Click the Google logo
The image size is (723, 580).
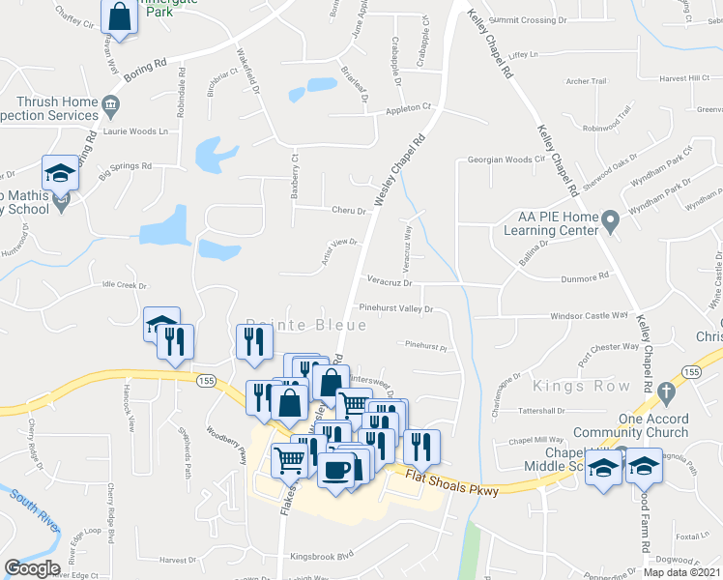pyautogui.click(x=32, y=568)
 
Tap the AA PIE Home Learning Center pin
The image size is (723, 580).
pyautogui.click(x=610, y=223)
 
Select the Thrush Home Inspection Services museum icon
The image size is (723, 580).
pyautogui.click(x=111, y=102)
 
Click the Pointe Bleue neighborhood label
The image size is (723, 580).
pyautogui.click(x=306, y=326)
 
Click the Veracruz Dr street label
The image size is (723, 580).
pyautogui.click(x=390, y=284)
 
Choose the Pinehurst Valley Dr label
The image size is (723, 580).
pyautogui.click(x=395, y=308)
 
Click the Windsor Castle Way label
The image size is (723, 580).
pyautogui.click(x=589, y=315)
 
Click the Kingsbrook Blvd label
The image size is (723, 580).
pyautogui.click(x=324, y=555)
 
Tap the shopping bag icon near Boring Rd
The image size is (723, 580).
pyautogui.click(x=119, y=16)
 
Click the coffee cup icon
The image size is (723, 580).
pyautogui.click(x=335, y=470)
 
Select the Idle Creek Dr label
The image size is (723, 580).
pyautogui.click(x=124, y=286)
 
